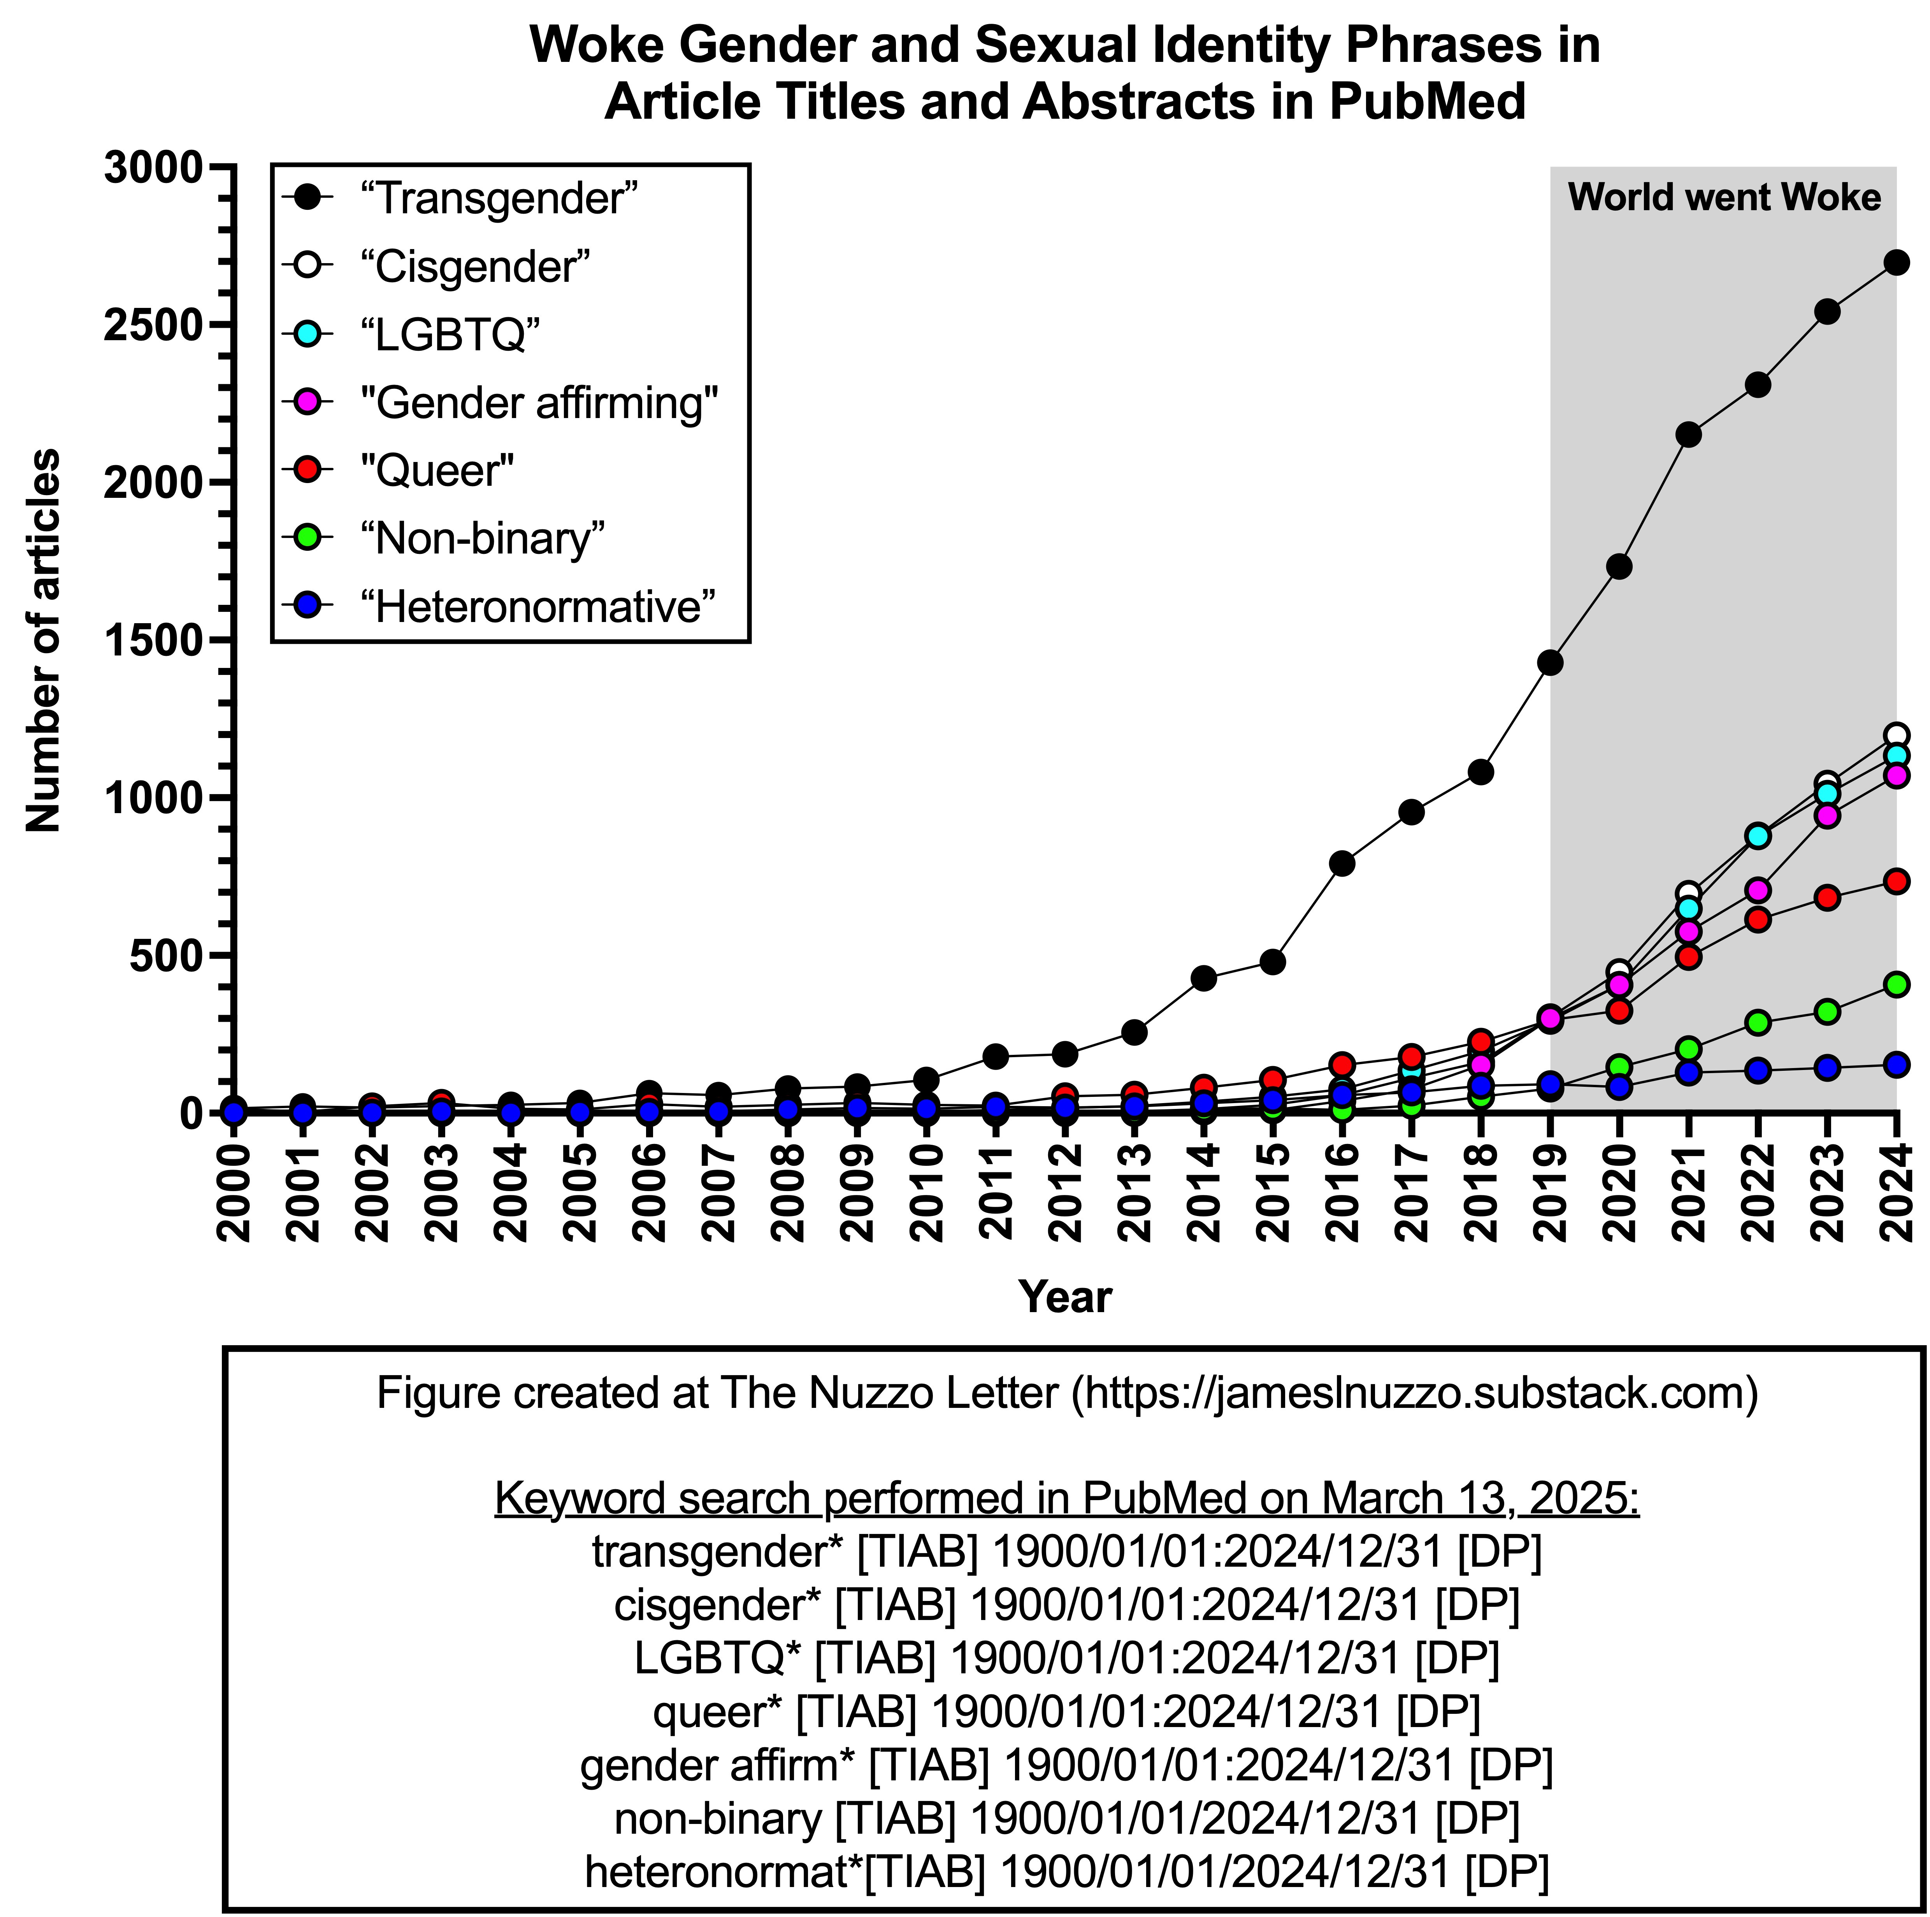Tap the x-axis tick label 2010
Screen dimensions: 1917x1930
(x=926, y=1192)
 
